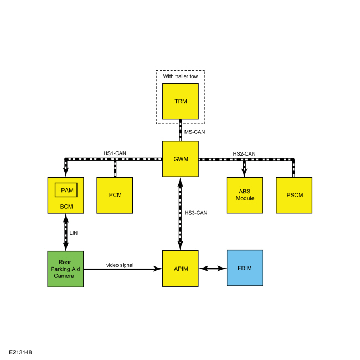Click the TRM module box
tap(181, 101)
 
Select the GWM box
tap(181, 159)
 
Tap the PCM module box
tap(115, 195)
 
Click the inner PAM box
tap(66, 190)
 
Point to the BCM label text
tap(66, 207)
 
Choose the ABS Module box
tap(244, 195)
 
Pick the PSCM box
tap(294, 195)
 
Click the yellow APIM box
tap(180, 269)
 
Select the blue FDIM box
tap(245, 268)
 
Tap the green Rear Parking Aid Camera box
tap(65, 269)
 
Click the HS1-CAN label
tap(115, 153)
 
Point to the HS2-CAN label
tap(244, 153)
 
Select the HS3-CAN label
tap(196, 213)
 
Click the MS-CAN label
tap(195, 132)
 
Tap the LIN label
tap(74, 233)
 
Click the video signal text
tap(120, 265)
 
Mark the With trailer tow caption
tap(181, 76)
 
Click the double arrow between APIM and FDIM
tap(213, 269)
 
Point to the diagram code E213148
tap(20, 352)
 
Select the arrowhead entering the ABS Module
tap(244, 173)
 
